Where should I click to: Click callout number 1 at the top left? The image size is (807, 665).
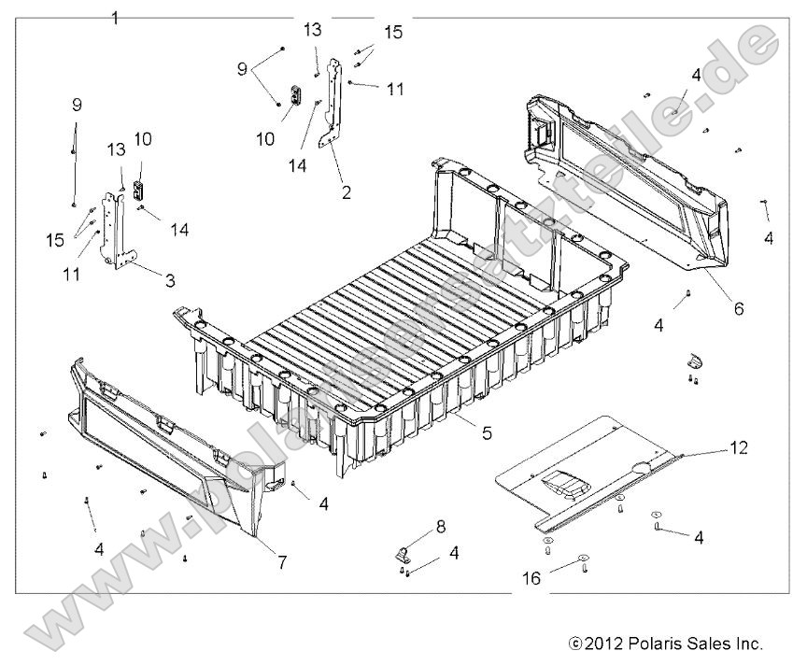115,18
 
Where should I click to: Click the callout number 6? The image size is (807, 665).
738,307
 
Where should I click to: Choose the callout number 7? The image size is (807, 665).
281,562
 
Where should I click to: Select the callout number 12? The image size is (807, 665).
738,448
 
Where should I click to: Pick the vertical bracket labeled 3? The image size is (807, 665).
117,233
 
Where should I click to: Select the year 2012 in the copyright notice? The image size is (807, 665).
602,644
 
